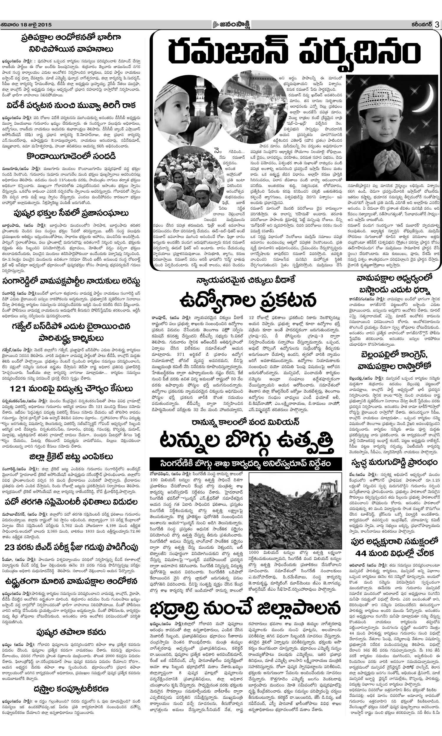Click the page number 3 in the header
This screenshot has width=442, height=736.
pyautogui.click(x=437, y=25)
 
